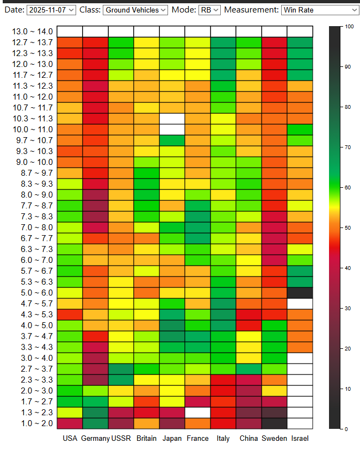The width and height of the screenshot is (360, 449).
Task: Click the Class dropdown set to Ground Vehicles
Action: coord(135,9)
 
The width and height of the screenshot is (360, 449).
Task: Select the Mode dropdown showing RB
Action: coord(209,9)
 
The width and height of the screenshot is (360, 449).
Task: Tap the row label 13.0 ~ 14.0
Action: coord(33,32)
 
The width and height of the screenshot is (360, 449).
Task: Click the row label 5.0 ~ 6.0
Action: coord(33,292)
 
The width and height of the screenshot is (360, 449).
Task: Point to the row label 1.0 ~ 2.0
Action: coord(33,423)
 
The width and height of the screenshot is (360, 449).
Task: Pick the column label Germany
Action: coord(95,438)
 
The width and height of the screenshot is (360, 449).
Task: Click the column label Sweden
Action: coord(274,438)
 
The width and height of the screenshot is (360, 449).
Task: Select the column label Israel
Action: coord(300,438)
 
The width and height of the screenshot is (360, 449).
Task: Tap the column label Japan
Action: coord(172,438)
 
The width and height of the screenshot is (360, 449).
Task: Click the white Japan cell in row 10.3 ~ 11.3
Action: coord(172,118)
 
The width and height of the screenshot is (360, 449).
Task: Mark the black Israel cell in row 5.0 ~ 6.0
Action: coord(300,292)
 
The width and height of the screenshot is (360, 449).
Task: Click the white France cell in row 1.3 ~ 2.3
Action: coord(197,412)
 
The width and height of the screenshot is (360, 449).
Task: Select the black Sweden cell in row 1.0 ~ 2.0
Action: coord(274,423)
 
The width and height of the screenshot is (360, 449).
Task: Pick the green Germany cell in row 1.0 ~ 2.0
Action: coord(95,423)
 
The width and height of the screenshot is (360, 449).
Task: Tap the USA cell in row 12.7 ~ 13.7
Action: coord(70,42)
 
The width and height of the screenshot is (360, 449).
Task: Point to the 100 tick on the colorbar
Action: coord(346,27)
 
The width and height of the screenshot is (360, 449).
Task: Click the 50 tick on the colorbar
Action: coord(346,227)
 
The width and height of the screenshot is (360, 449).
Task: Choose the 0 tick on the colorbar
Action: coord(346,429)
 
